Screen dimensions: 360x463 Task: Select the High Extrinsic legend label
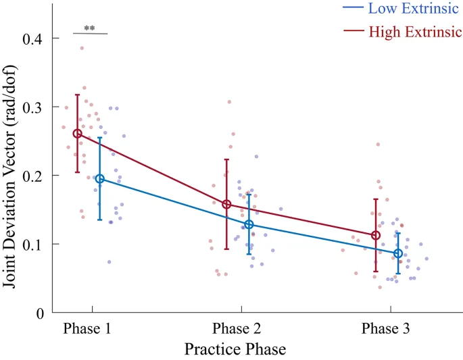click(x=415, y=31)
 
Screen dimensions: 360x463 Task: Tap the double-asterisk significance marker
click(x=89, y=28)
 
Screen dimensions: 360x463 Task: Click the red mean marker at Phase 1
click(x=77, y=134)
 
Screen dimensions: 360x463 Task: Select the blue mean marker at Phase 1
click(x=100, y=179)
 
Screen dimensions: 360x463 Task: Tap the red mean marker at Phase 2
click(x=226, y=204)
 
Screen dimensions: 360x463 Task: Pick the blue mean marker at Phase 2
click(x=249, y=224)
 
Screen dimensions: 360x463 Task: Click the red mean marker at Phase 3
click(x=376, y=235)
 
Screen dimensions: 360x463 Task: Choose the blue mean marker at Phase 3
click(x=398, y=253)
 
